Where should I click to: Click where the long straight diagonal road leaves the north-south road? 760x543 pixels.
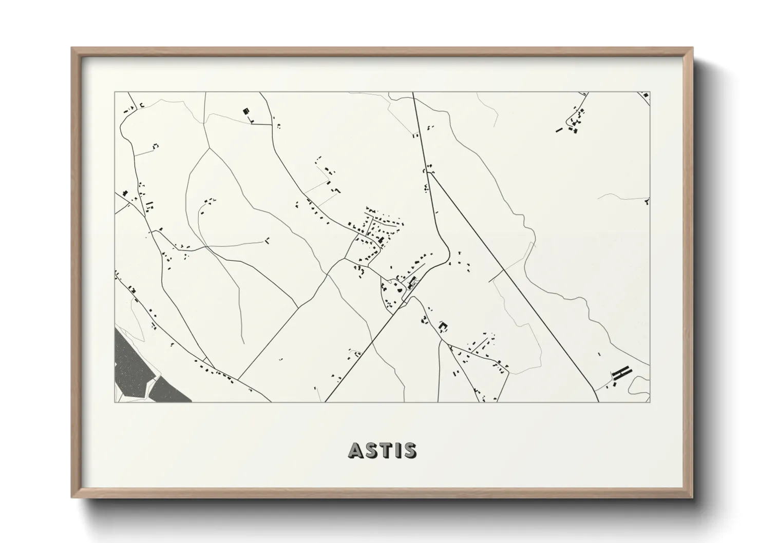click(430, 173)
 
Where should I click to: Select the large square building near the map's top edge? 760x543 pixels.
click(246, 111)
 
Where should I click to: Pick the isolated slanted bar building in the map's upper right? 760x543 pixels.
click(558, 130)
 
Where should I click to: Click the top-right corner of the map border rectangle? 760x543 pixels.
click(650, 92)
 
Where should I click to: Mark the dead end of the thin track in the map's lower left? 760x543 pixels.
click(242, 343)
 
